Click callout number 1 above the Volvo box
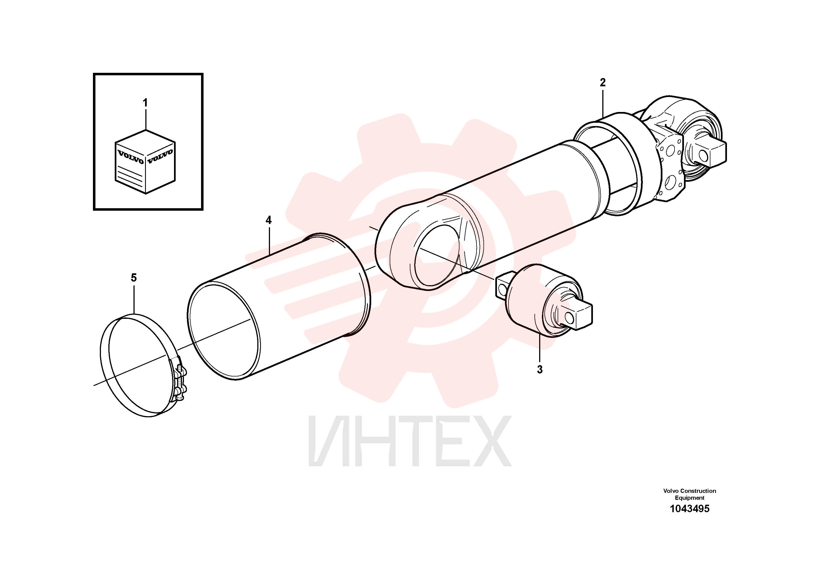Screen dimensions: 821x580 pos(145,103)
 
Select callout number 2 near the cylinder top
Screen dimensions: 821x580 pos(603,83)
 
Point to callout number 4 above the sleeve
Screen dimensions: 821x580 pos(269,220)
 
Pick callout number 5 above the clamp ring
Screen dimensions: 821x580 pos(134,278)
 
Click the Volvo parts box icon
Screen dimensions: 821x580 pos(145,162)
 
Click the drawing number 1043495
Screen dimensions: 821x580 pos(689,509)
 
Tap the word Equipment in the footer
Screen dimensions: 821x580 pos(689,498)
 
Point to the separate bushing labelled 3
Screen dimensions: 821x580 pos(544,301)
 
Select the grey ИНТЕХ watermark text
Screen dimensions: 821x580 pos(410,441)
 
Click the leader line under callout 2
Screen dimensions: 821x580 pos(603,104)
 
